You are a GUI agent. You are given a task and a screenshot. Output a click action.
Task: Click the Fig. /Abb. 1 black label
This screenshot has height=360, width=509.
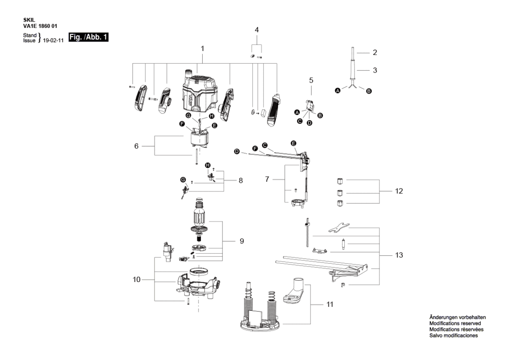pos(89,37)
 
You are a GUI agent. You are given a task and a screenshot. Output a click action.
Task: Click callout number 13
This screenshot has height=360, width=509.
pos(399,255)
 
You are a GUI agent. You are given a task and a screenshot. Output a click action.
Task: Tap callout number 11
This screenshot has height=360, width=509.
pos(330,305)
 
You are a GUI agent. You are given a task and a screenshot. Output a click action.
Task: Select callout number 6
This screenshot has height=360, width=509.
pos(136,146)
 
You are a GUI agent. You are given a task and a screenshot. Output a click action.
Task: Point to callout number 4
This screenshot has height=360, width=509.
pos(257,30)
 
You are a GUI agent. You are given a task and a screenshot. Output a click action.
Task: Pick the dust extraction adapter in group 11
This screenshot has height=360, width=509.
pos(295,291)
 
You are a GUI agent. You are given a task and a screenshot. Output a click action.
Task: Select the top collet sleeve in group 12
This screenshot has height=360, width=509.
pos(340,181)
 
